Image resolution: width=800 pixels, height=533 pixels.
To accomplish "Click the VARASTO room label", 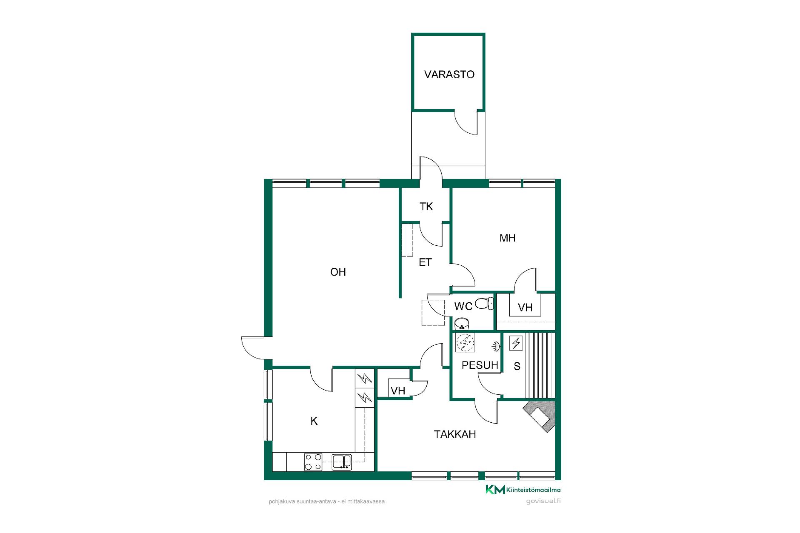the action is tap(449, 75).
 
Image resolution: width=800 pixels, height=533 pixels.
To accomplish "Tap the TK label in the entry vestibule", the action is tap(426, 207).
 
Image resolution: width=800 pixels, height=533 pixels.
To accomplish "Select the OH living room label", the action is tap(338, 272).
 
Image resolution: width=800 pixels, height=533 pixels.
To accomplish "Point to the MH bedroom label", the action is tap(507, 238).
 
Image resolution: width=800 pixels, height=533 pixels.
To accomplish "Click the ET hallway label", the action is tap(425, 262).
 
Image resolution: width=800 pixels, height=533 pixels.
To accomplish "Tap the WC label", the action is tap(463, 306).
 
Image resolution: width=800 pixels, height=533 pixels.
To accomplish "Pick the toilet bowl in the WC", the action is tap(484, 304).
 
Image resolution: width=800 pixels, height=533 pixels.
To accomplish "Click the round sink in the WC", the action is tap(462, 323).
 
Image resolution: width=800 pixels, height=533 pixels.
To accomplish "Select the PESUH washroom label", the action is tap(480, 366).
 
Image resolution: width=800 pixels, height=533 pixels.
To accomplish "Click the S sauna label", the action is tap(517, 366).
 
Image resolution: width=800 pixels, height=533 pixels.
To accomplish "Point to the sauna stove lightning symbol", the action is tap(516, 343).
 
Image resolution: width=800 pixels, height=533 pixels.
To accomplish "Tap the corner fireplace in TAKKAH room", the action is tap(540, 416).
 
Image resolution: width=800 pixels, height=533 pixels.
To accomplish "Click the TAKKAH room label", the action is tap(455, 435).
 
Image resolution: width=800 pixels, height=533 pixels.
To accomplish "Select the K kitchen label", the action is tap(314, 421).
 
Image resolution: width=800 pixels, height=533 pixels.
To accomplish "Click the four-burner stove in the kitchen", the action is tap(313, 462).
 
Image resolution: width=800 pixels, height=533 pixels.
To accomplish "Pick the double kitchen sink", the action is tap(342, 462).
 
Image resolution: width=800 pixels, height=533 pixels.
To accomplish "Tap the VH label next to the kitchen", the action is tap(398, 391).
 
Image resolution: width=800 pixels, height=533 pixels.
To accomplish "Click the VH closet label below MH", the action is tap(525, 308).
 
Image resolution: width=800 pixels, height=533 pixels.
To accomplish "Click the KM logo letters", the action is tap(495, 490).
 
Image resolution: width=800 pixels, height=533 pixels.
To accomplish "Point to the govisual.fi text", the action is tap(543, 501).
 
